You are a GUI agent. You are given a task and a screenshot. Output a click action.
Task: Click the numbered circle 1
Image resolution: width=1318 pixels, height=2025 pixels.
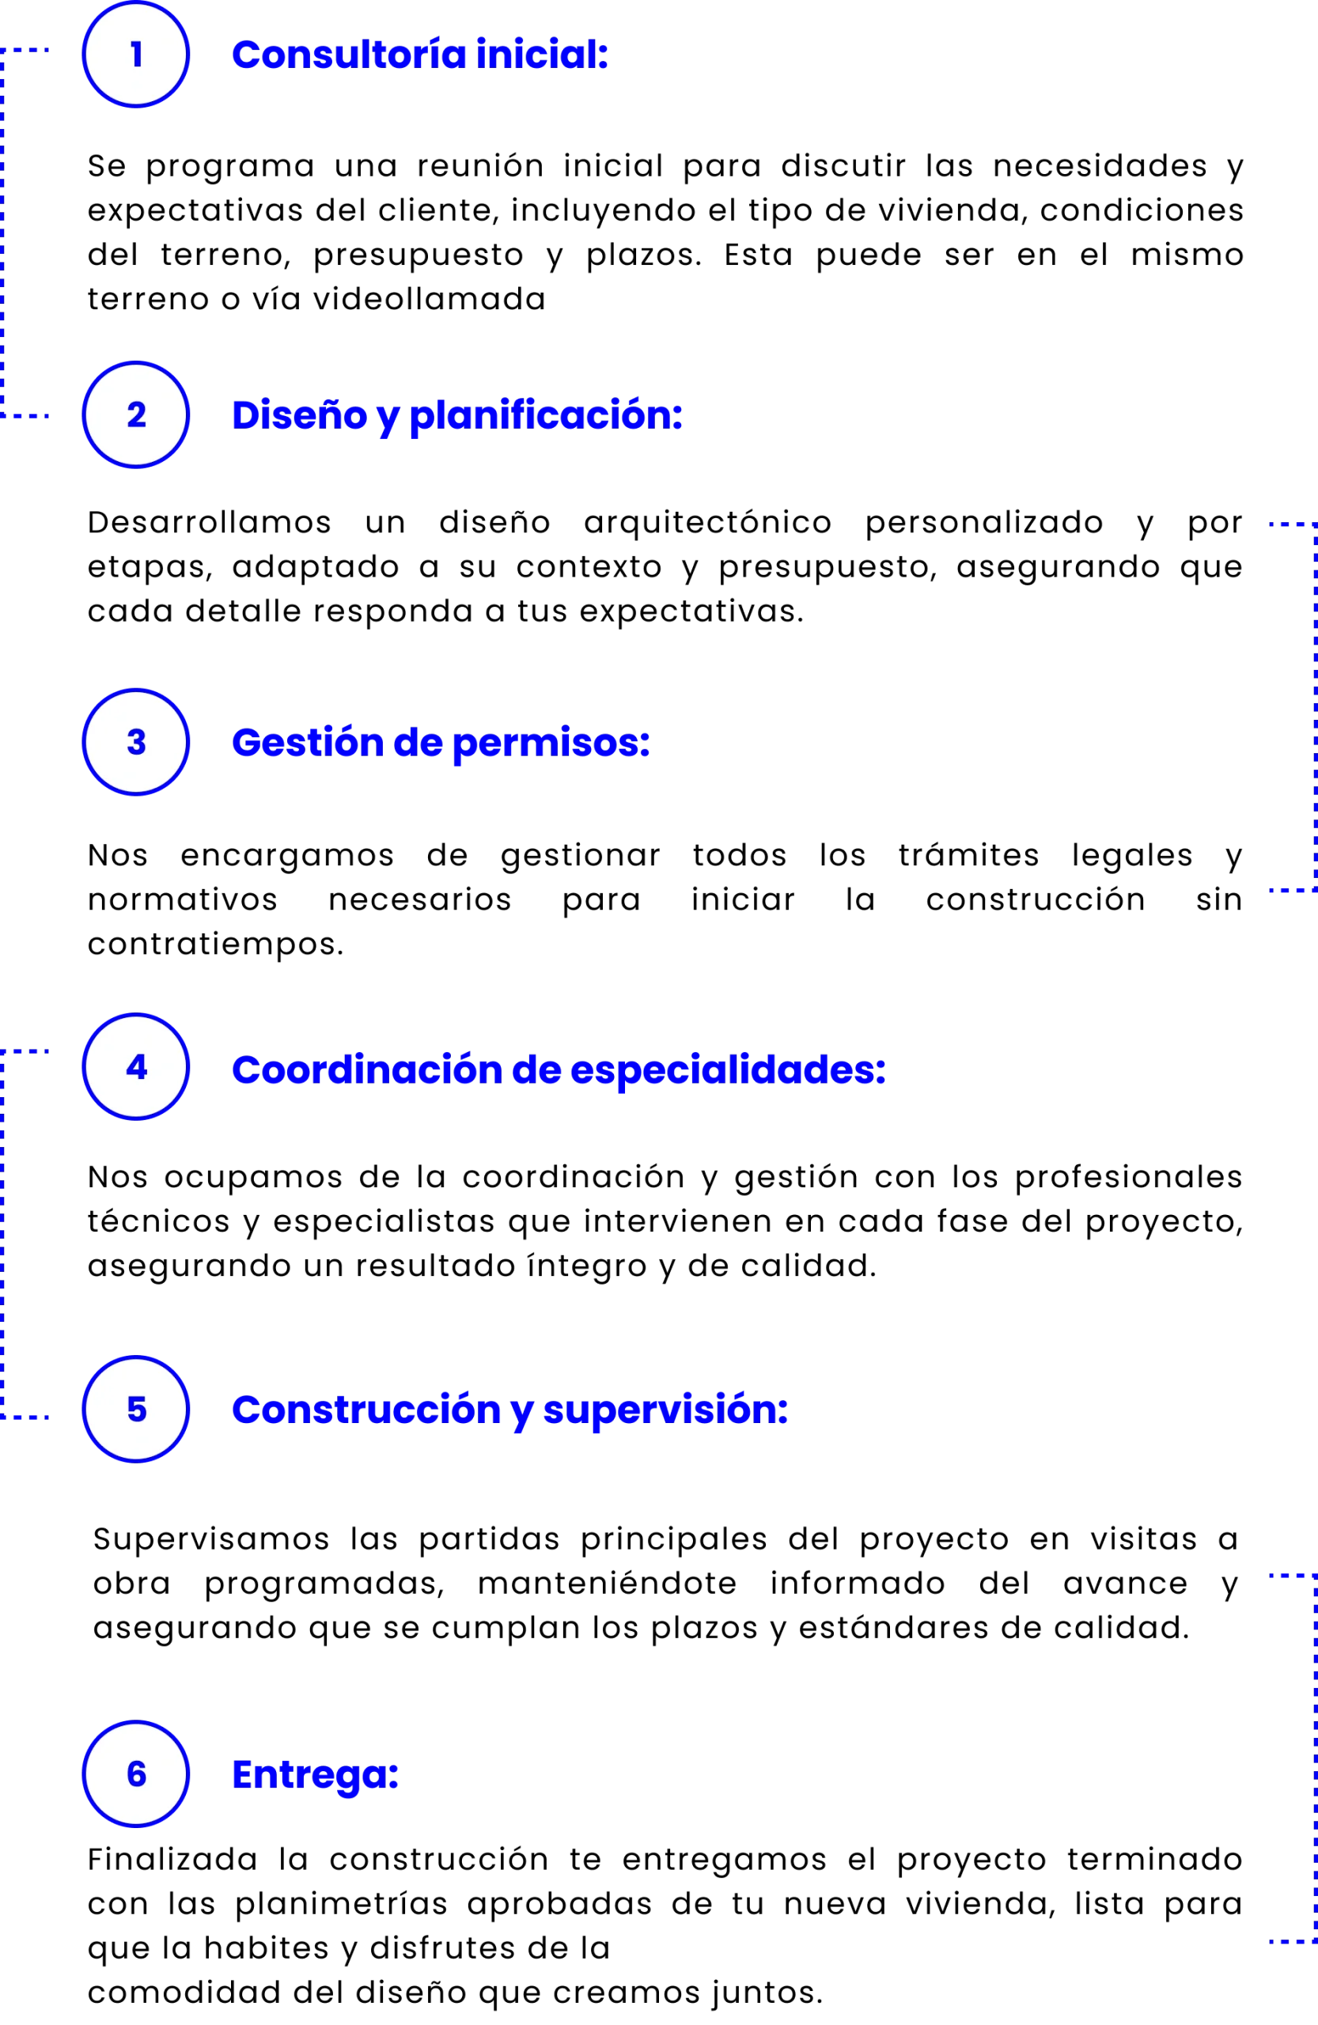click(x=135, y=55)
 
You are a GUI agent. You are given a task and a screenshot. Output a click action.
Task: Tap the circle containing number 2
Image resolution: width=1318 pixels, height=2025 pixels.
click(x=135, y=415)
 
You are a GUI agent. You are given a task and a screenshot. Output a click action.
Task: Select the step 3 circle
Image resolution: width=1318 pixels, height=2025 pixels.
click(x=135, y=742)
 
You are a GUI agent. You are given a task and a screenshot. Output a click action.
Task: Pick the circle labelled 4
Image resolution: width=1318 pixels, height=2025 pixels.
click(x=135, y=1067)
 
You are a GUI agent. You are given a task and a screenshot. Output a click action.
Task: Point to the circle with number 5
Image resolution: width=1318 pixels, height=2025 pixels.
click(x=135, y=1409)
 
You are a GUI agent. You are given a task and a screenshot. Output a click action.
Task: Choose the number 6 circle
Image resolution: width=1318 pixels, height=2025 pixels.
click(x=135, y=1774)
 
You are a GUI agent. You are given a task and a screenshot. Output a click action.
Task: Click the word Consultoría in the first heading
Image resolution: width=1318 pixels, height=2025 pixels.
click(x=350, y=55)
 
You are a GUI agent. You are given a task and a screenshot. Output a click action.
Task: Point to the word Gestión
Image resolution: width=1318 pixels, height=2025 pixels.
click(x=307, y=743)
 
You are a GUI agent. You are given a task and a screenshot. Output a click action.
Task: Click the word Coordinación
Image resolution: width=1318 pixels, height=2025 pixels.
click(x=365, y=1069)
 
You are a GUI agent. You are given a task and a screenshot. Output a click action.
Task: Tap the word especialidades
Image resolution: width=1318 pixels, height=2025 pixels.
click(x=728, y=1069)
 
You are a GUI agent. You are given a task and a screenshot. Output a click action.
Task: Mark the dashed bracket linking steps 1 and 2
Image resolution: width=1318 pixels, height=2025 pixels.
click(x=4, y=234)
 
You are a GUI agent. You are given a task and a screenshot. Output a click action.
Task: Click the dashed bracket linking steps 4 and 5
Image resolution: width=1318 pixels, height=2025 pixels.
click(x=4, y=1234)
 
